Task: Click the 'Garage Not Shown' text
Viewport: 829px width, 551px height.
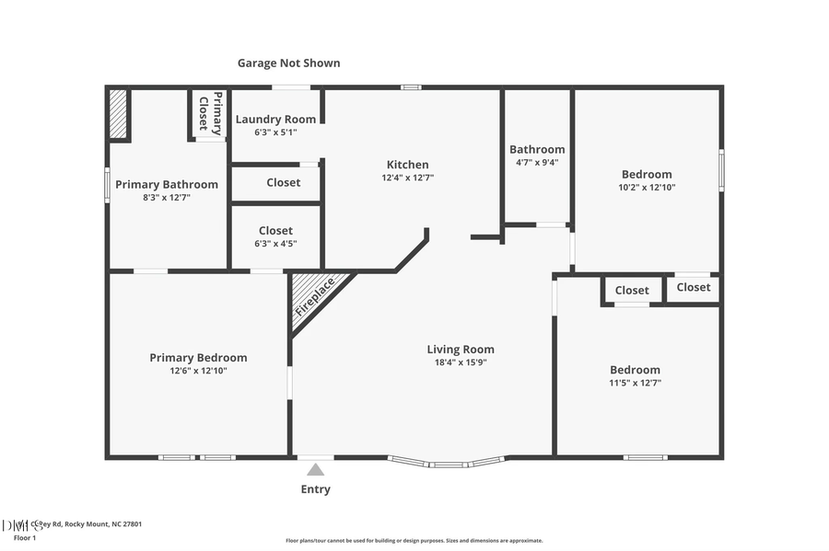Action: [x=288, y=63]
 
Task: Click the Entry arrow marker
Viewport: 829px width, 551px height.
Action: [x=315, y=470]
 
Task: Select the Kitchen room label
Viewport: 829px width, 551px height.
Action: [x=408, y=165]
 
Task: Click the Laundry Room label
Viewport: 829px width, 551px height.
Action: [x=275, y=120]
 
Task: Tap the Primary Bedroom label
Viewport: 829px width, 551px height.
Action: [x=198, y=358]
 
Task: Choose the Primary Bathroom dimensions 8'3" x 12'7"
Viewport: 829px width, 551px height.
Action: [x=167, y=197]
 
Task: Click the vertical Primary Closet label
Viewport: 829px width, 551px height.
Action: [x=211, y=114]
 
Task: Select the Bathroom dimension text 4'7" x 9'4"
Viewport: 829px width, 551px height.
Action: [x=537, y=162]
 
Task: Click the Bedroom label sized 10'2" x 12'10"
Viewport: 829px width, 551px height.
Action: [x=647, y=174]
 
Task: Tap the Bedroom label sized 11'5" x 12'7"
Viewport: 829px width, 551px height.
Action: [x=635, y=370]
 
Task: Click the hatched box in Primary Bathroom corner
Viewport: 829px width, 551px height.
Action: [x=118, y=113]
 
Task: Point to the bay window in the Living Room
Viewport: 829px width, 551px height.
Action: [x=446, y=462]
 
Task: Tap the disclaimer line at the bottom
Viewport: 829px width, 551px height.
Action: [x=414, y=541]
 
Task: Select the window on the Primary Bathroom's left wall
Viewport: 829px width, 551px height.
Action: [x=107, y=184]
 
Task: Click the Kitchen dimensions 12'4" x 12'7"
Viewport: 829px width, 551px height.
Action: [x=408, y=178]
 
